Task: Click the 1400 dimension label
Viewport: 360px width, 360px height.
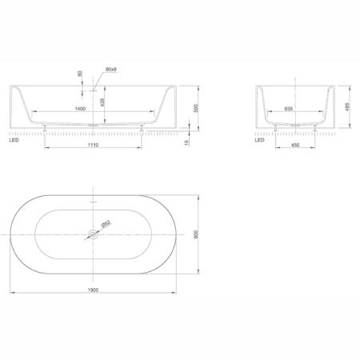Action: [80, 109]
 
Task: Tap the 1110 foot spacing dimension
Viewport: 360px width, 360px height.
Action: [93, 145]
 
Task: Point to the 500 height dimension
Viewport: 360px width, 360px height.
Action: [196, 108]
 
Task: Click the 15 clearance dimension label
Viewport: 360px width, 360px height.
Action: [186, 143]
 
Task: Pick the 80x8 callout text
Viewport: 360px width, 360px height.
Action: [111, 70]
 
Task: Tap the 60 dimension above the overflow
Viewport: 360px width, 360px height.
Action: [80, 74]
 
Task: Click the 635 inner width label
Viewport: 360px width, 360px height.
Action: [289, 109]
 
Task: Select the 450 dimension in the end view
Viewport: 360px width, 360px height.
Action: [295, 145]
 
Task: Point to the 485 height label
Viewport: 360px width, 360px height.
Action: [347, 106]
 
